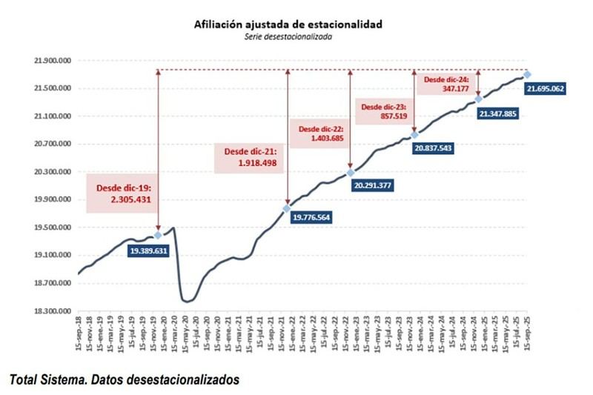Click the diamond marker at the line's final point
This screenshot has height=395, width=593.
point(527,74)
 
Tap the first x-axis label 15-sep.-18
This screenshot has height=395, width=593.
point(79,336)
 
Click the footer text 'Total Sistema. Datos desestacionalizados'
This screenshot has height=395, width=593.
point(124,379)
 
